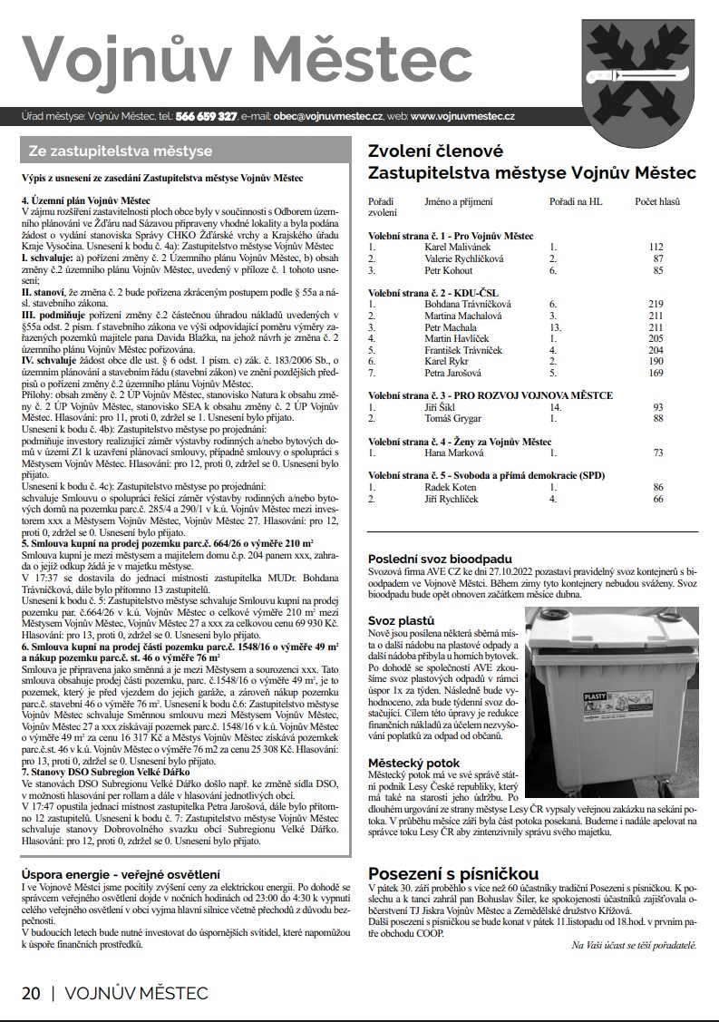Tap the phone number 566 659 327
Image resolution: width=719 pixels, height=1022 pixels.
pyautogui.click(x=206, y=117)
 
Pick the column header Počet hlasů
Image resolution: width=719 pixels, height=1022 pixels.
pyautogui.click(x=656, y=201)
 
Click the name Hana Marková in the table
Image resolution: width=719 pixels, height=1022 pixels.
pyautogui.click(x=450, y=453)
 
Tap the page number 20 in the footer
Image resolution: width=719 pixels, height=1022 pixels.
pyautogui.click(x=31, y=992)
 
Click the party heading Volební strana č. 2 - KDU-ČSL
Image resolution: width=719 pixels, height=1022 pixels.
pyautogui.click(x=432, y=293)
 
